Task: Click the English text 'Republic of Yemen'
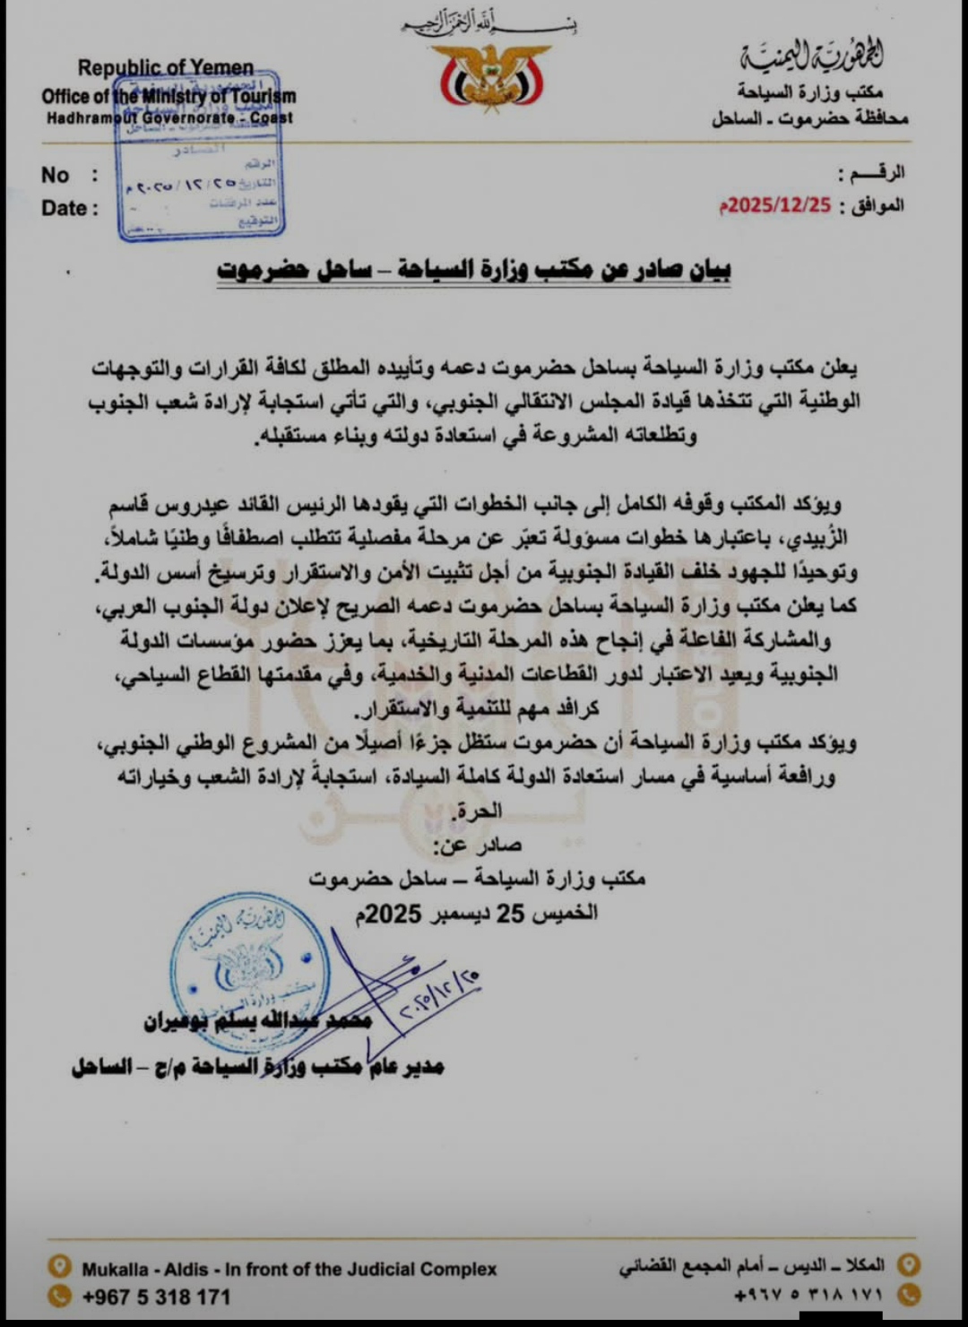(x=166, y=68)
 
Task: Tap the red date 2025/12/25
(x=775, y=204)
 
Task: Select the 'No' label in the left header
(x=56, y=175)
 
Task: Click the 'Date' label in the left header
(x=65, y=208)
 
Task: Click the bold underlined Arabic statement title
(x=474, y=270)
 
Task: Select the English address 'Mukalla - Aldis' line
(x=289, y=1269)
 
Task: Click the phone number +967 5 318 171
(x=156, y=1297)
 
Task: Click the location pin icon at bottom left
(x=59, y=1267)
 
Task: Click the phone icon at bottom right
(x=909, y=1294)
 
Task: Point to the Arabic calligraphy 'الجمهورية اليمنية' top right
(x=811, y=58)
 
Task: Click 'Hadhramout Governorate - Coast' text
(x=169, y=117)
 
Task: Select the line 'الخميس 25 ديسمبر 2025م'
(x=476, y=913)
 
